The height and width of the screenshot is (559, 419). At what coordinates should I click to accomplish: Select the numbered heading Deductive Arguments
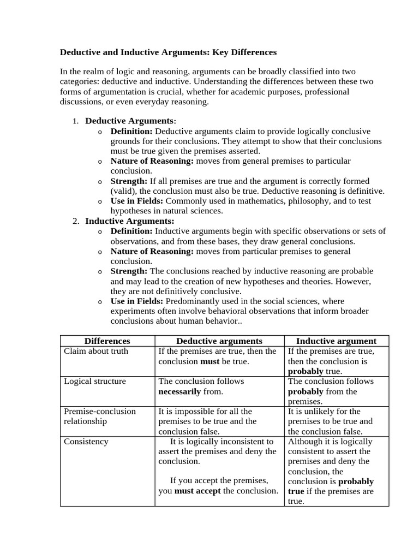pos(129,121)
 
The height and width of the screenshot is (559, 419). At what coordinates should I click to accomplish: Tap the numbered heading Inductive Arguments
pos(130,221)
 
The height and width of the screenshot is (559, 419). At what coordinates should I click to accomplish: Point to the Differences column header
pos(107,341)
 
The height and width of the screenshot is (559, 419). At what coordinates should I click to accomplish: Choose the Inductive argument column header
pos(336,341)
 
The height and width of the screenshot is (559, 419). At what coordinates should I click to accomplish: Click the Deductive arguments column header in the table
pos(219,341)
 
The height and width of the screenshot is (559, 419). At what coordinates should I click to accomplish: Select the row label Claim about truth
pos(96,351)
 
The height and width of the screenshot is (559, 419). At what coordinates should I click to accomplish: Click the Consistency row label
pos(86,441)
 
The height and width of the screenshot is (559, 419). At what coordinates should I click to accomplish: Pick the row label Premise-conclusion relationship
pos(100,416)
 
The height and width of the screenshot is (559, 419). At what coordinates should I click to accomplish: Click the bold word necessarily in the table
pos(179,391)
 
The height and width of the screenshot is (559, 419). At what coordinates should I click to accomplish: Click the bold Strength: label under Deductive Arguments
pos(129,181)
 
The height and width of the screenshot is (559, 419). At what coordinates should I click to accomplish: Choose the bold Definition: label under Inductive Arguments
pos(132,231)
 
